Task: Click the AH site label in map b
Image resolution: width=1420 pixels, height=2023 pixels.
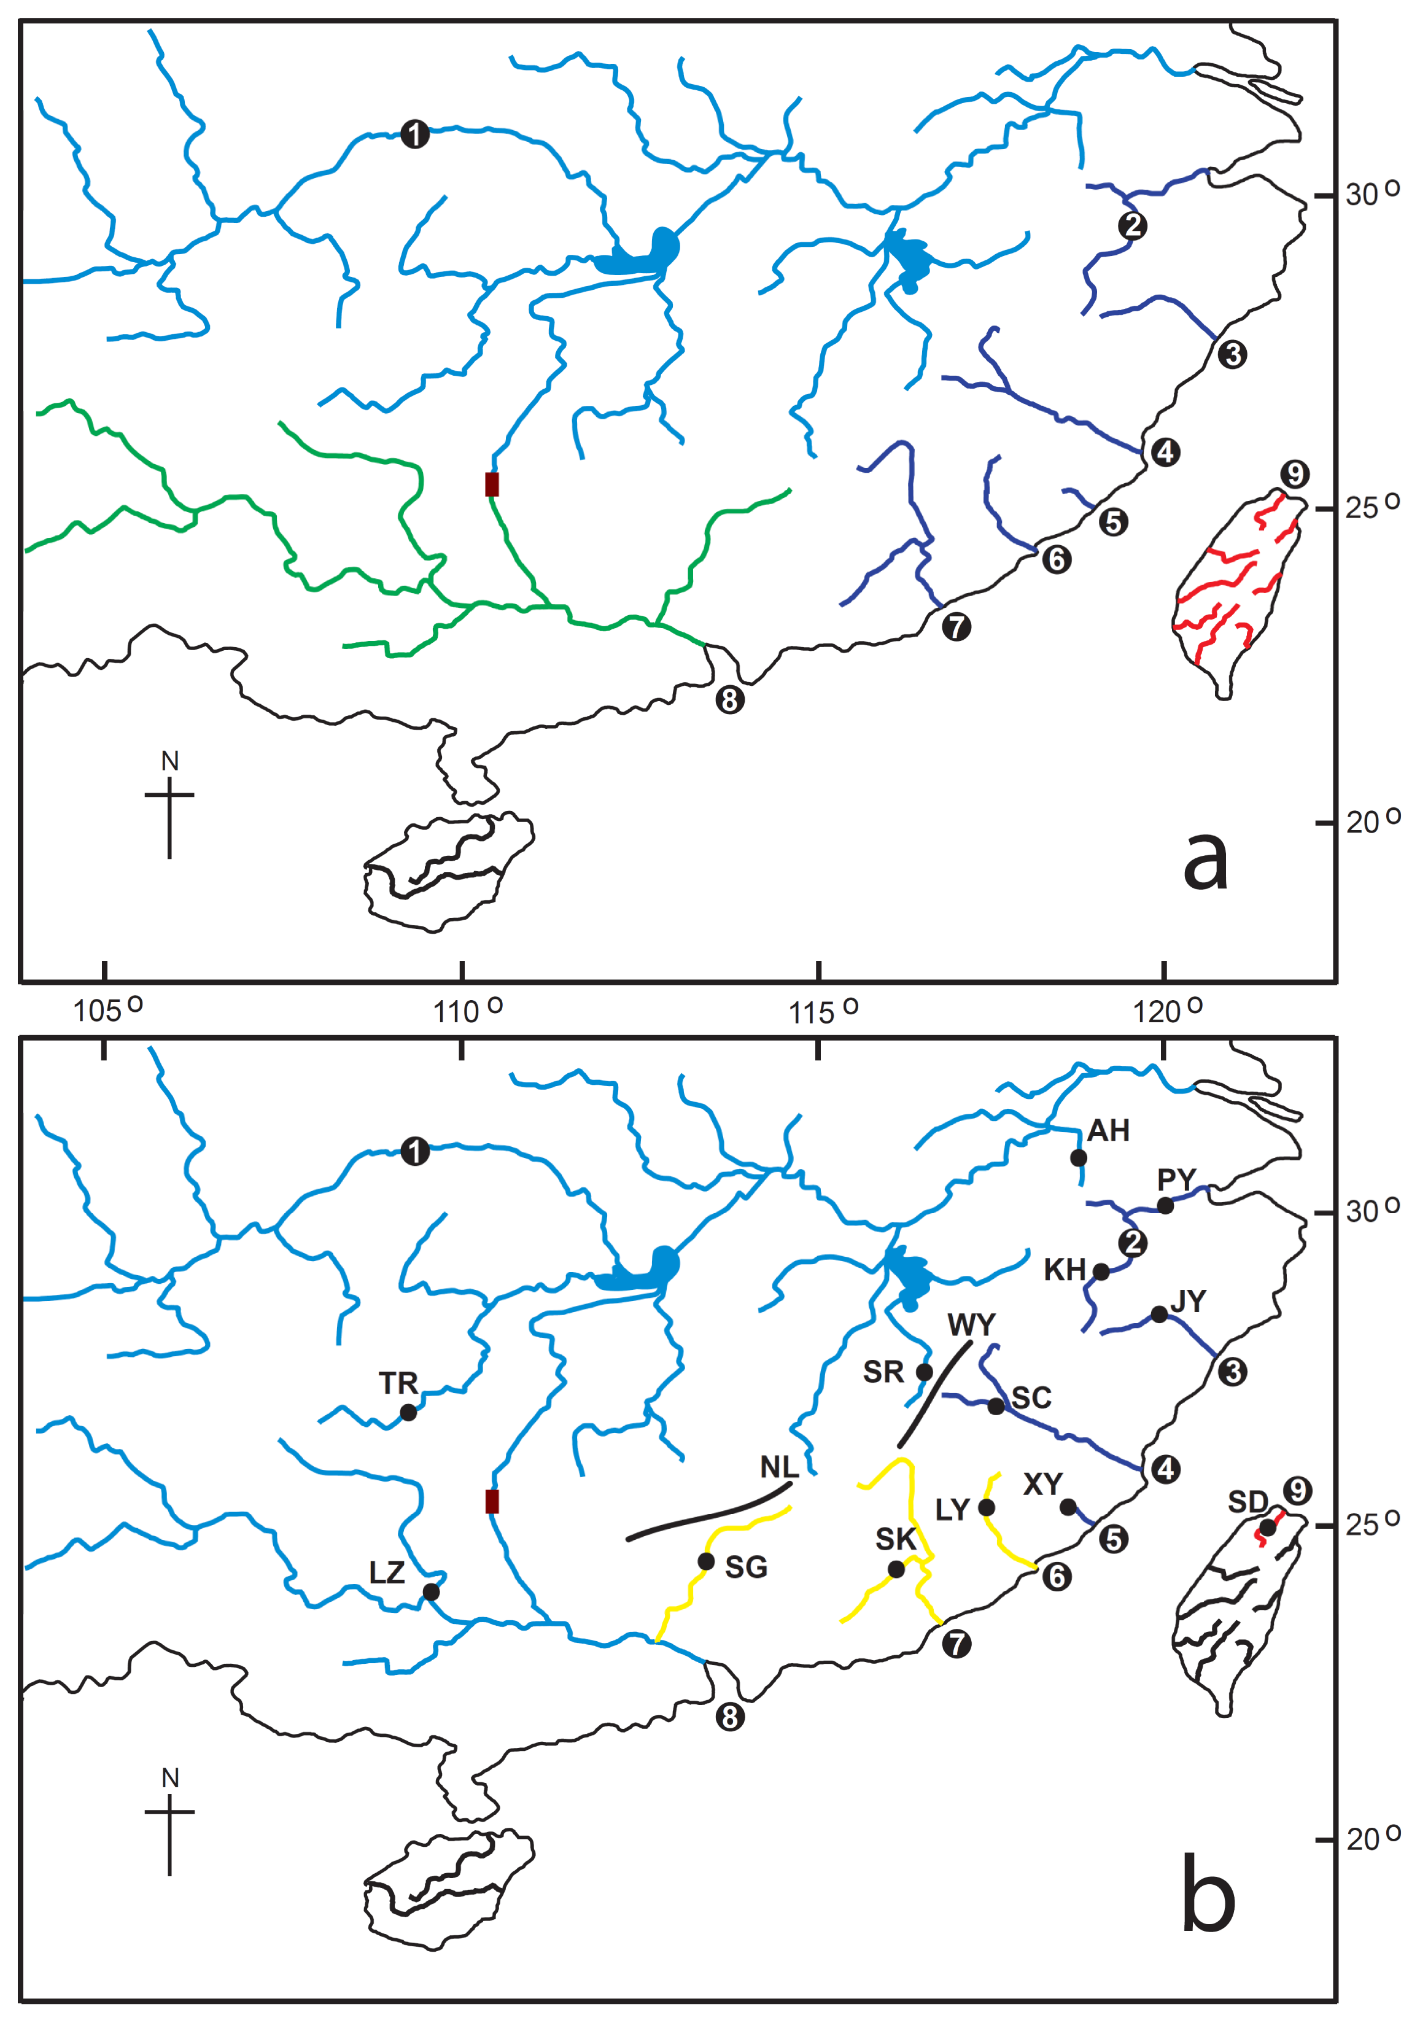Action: pyautogui.click(x=1108, y=1130)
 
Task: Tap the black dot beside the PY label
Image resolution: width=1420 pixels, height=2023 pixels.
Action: pyautogui.click(x=1165, y=1205)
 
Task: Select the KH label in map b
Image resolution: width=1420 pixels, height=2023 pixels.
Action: pyautogui.click(x=1063, y=1270)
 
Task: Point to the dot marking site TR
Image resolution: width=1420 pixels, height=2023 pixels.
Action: pyautogui.click(x=408, y=1412)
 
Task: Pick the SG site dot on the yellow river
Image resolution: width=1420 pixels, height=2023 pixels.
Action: pyautogui.click(x=705, y=1561)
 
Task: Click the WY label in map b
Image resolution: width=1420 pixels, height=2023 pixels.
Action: pyautogui.click(x=971, y=1324)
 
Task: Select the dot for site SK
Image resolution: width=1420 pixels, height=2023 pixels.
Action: pyautogui.click(x=896, y=1569)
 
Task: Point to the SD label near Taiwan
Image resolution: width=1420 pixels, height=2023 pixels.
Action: pyautogui.click(x=1247, y=1501)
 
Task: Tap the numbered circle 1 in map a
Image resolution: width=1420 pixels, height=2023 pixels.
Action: pyautogui.click(x=415, y=135)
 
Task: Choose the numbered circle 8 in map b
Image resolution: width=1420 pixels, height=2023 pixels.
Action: pyautogui.click(x=729, y=1717)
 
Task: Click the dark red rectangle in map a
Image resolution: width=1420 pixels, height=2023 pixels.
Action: pyautogui.click(x=492, y=484)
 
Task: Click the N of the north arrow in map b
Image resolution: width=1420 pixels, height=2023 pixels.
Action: pyautogui.click(x=170, y=1778)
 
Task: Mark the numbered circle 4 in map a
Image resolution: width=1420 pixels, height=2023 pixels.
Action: pyautogui.click(x=1165, y=453)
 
